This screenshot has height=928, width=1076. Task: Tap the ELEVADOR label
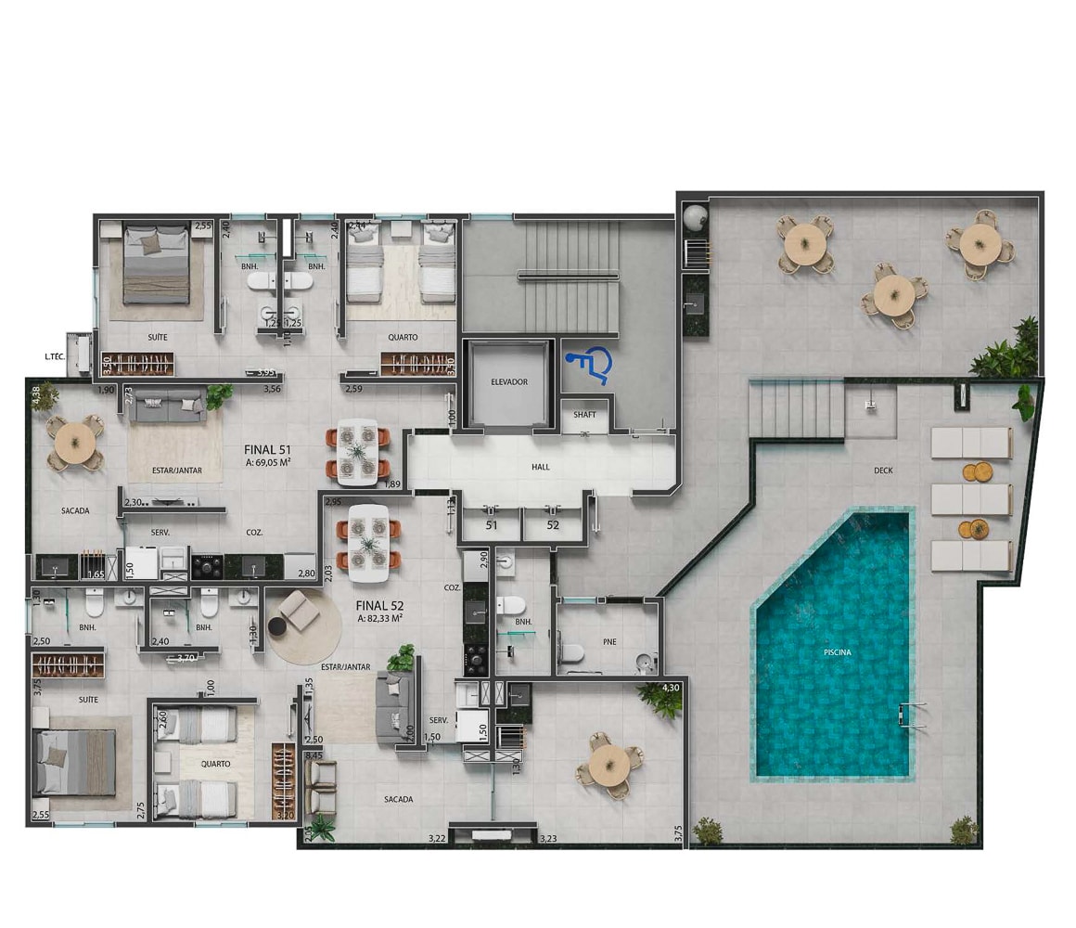click(509, 381)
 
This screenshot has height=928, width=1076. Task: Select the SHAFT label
click(584, 415)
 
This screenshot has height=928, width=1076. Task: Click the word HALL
click(541, 467)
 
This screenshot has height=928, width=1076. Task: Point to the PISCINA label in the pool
click(837, 652)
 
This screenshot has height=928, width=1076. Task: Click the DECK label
click(883, 470)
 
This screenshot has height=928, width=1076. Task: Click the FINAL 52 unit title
click(379, 605)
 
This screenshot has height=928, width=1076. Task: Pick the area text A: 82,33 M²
click(379, 618)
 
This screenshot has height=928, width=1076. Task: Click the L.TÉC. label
click(53, 355)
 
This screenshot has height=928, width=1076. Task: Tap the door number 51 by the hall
click(492, 524)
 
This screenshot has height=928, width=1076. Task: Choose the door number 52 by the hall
click(553, 524)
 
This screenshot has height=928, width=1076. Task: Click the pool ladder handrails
click(912, 715)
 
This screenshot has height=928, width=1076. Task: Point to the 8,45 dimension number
click(314, 756)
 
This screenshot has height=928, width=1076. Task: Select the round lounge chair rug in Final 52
click(303, 624)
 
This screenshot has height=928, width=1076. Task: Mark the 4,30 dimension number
click(671, 688)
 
